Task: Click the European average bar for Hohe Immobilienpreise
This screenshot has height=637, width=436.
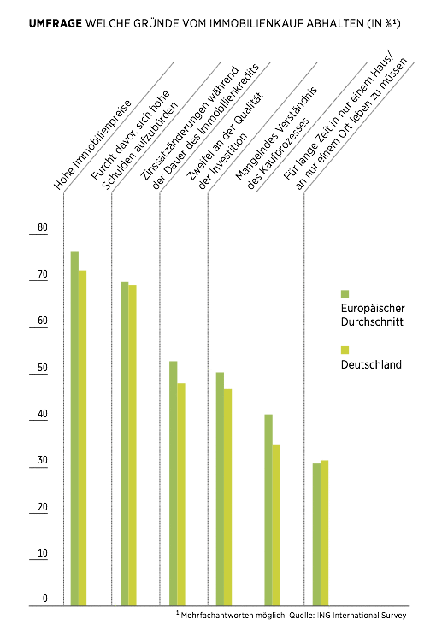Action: pos(74,428)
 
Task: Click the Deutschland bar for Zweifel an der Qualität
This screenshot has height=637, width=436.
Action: pos(228,497)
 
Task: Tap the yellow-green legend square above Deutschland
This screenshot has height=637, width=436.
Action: pos(345,350)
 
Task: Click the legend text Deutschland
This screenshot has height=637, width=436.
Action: pos(371,364)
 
